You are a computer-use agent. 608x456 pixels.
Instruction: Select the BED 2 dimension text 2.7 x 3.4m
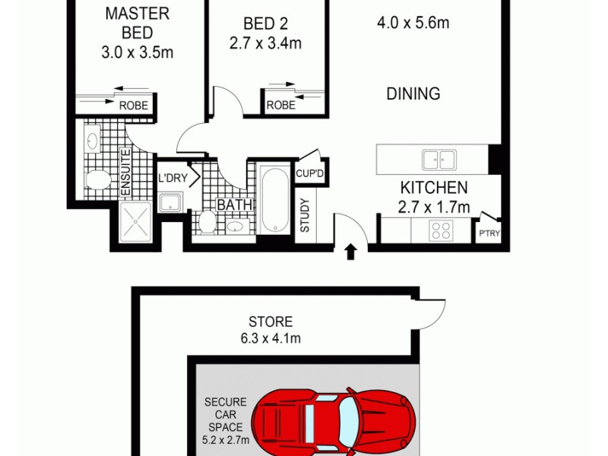click(x=265, y=43)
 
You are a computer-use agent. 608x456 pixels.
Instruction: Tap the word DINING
click(x=413, y=94)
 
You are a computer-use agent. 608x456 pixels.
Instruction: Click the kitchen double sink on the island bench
click(x=439, y=160)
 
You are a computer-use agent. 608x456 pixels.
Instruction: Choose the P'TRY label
click(x=489, y=233)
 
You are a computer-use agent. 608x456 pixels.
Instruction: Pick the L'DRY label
click(x=172, y=179)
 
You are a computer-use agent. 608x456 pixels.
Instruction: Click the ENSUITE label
click(x=125, y=172)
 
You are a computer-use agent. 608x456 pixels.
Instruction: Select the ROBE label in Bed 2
click(x=280, y=106)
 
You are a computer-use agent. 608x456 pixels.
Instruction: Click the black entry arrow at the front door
click(x=350, y=252)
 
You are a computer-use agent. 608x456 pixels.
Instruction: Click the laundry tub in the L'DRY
click(x=169, y=202)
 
